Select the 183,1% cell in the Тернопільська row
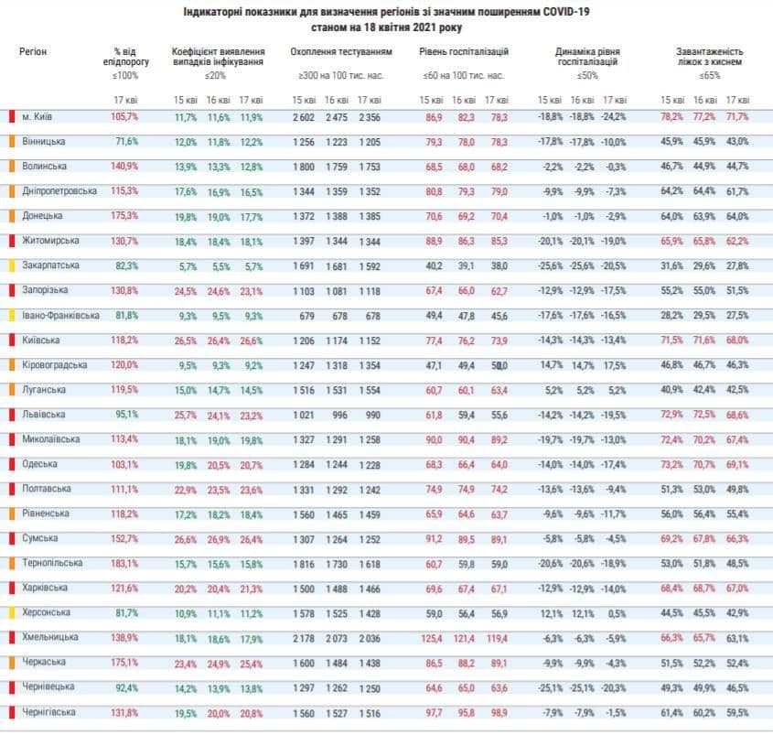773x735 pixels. pyautogui.click(x=124, y=563)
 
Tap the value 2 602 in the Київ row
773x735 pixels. pyautogui.click(x=304, y=117)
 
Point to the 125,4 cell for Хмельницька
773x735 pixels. pyautogui.click(x=431, y=637)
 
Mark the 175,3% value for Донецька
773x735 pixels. pyautogui.click(x=124, y=216)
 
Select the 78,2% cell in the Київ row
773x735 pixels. pyautogui.click(x=671, y=117)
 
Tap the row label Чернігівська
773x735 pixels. pyautogui.click(x=50, y=711)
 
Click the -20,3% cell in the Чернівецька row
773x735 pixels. pyautogui.click(x=614, y=686)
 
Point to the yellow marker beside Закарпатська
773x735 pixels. pyautogui.click(x=10, y=265)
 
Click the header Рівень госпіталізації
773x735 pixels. pyautogui.click(x=464, y=53)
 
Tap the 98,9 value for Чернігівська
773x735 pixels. pyautogui.click(x=498, y=711)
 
